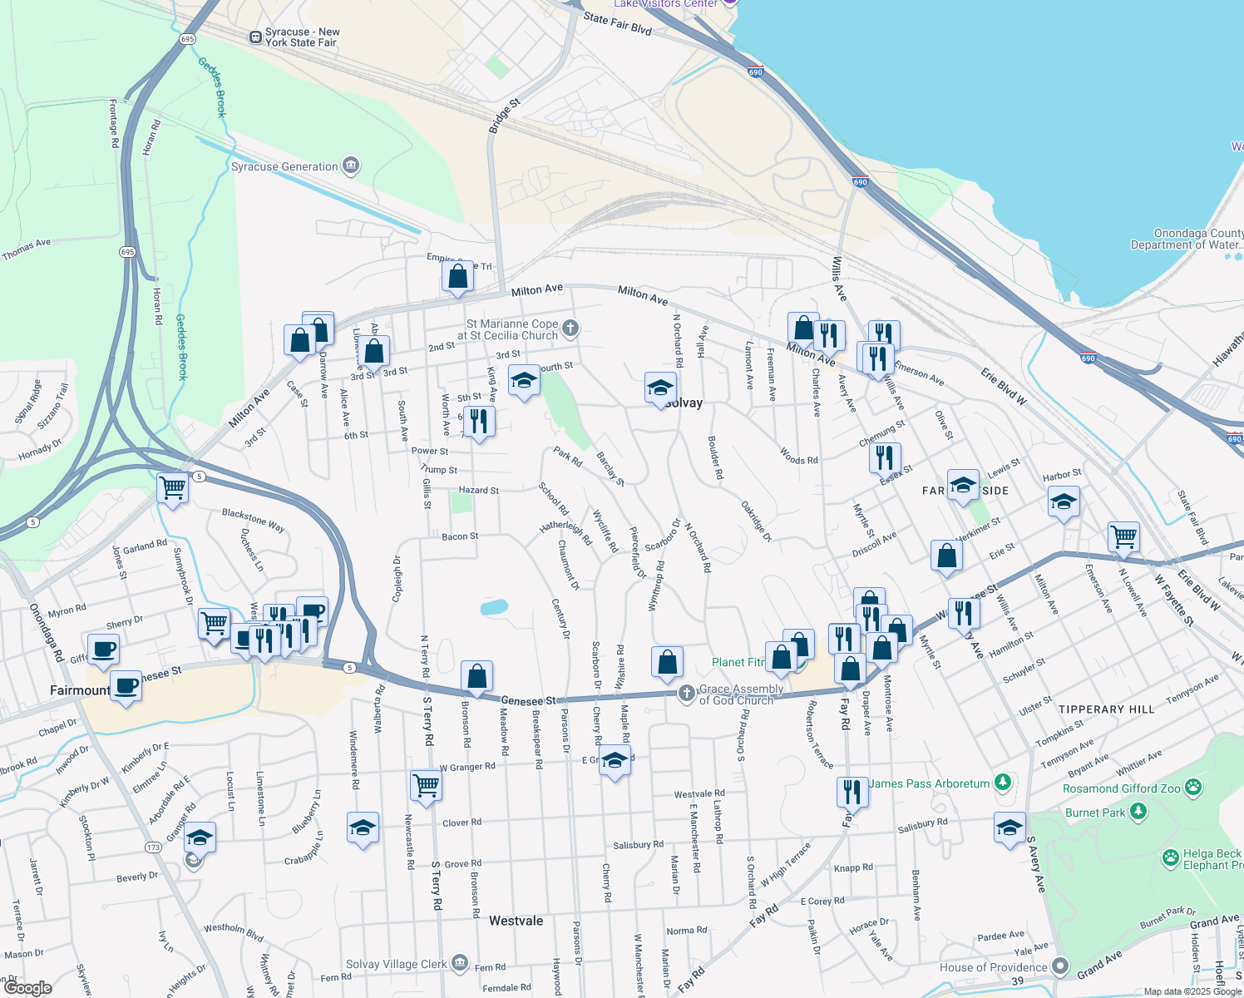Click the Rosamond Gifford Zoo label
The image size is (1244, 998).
1123,788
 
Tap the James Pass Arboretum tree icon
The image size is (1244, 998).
1004,783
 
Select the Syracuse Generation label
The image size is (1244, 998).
284,166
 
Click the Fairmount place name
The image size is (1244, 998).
80,690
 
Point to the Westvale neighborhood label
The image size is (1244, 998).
516,921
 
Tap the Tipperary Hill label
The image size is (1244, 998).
1106,709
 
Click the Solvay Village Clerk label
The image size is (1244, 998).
396,964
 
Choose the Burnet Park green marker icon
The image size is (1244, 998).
1138,811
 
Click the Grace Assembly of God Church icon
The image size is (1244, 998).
686,693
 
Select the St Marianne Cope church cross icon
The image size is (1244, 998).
570,328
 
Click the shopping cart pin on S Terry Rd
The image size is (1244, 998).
426,783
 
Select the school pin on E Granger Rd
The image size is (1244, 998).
615,761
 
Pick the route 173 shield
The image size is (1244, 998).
153,847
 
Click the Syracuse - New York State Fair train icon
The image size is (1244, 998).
255,37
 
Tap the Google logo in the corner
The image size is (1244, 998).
27,988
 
